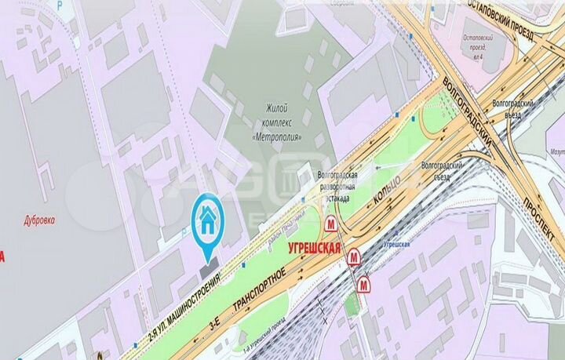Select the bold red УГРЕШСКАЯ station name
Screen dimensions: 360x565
(313, 249)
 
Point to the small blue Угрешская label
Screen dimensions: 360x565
(397, 245)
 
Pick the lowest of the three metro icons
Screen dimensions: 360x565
(365, 285)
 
